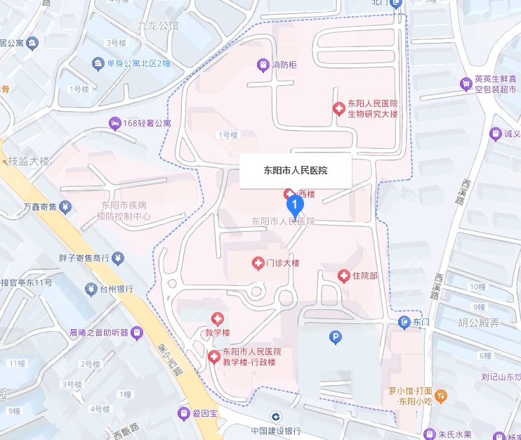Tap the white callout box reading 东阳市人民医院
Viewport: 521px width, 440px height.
coord(295,170)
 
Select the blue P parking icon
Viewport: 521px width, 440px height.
coord(336,338)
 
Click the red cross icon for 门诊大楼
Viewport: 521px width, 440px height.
coord(258,263)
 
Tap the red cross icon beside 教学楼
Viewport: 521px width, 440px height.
coord(217,319)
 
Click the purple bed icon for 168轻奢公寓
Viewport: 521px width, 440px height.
coord(114,124)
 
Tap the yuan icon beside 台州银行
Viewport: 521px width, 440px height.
coord(91,289)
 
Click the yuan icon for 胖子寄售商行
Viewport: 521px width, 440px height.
coord(118,258)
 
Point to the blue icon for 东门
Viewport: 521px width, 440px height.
coord(404,322)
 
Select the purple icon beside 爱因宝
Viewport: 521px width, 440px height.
coord(183,413)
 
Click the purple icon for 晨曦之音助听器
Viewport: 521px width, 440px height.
coord(138,332)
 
